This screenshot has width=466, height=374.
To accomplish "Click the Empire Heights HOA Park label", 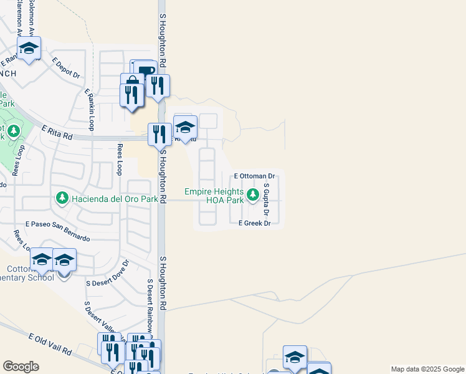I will click(214, 196).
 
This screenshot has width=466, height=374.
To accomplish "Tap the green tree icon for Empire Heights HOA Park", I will click(253, 196).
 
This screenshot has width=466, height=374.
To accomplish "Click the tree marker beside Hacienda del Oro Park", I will click(62, 198).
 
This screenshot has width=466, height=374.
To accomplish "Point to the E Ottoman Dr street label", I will click(254, 176).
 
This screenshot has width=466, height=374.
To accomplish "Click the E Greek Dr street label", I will click(254, 223).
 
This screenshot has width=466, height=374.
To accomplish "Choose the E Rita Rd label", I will click(57, 131).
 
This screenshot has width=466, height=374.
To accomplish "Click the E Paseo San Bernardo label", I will click(57, 231).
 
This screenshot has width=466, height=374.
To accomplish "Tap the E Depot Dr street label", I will click(67, 68).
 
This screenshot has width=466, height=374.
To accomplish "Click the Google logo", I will click(21, 367).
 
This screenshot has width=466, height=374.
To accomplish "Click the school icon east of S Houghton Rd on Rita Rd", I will click(185, 127).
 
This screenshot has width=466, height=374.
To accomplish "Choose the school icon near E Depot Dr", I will click(29, 48).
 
